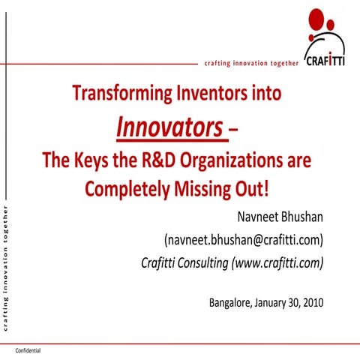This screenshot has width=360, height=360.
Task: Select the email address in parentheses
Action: [243, 240]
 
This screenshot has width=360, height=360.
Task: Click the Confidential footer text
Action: [28, 351]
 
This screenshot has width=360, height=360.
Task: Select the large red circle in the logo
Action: [316, 17]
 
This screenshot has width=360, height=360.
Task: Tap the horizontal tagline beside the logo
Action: [251, 64]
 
